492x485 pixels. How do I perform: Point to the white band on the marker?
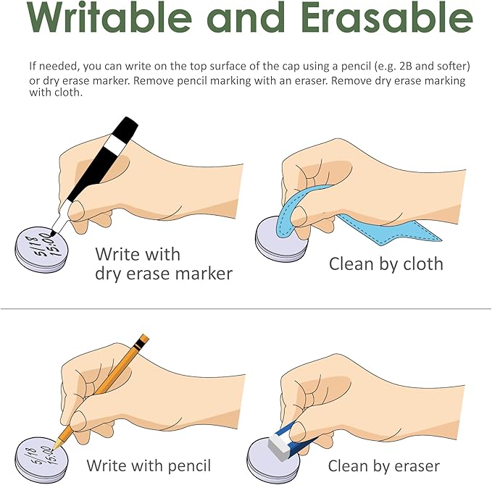point(114,145)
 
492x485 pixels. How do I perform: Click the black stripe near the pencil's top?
point(140,345)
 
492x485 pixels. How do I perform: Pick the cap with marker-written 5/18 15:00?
point(41,249)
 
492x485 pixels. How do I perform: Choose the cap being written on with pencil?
point(41,460)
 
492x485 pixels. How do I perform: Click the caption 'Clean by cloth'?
point(386,264)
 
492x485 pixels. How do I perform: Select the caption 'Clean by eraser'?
point(384,466)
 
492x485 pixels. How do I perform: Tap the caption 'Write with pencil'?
point(149,465)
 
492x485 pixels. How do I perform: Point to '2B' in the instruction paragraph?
point(406,66)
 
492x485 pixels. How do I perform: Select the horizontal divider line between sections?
point(246,309)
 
